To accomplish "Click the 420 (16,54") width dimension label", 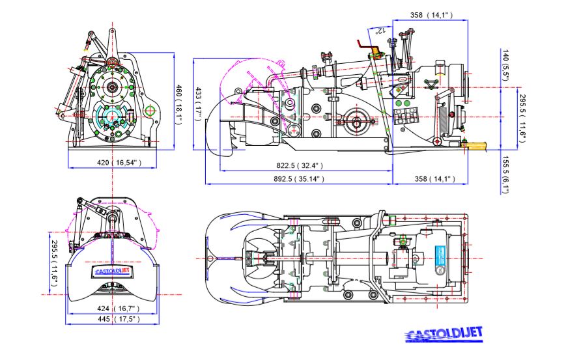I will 111,162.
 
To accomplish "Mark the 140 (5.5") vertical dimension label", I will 505,64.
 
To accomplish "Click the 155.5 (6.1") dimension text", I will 505,174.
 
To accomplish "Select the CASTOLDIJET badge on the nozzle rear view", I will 113,272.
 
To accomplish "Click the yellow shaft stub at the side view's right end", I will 477,146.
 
